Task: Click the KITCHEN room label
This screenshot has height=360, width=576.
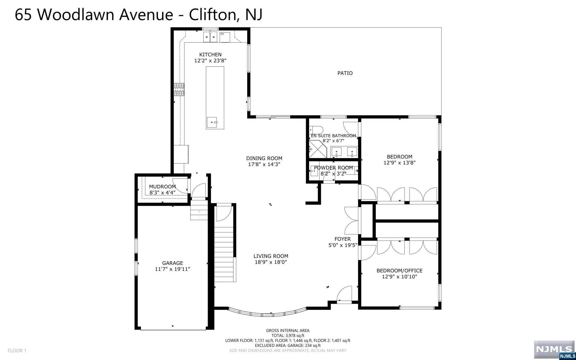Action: pyautogui.click(x=210, y=55)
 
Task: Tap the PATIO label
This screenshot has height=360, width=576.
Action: pyautogui.click(x=345, y=73)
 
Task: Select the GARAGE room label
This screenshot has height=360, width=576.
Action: pyautogui.click(x=172, y=263)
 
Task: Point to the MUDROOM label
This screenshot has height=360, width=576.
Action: pyautogui.click(x=162, y=186)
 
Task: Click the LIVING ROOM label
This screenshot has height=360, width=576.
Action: pyautogui.click(x=271, y=256)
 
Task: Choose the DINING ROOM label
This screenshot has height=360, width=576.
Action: pyautogui.click(x=264, y=158)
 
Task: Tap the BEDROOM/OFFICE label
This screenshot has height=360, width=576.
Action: pyautogui.click(x=399, y=271)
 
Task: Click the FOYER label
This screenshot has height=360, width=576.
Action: pyautogui.click(x=343, y=239)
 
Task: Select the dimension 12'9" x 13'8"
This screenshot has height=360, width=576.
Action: pyautogui.click(x=399, y=163)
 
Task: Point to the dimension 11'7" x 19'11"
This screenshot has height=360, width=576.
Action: pyautogui.click(x=172, y=269)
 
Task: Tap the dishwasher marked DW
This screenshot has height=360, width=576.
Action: pyautogui.click(x=225, y=37)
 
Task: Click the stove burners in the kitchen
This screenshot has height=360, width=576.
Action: pyautogui.click(x=179, y=89)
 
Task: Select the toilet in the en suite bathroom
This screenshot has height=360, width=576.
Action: pyautogui.click(x=316, y=130)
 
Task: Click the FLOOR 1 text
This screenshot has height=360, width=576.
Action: pyautogui.click(x=17, y=351)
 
